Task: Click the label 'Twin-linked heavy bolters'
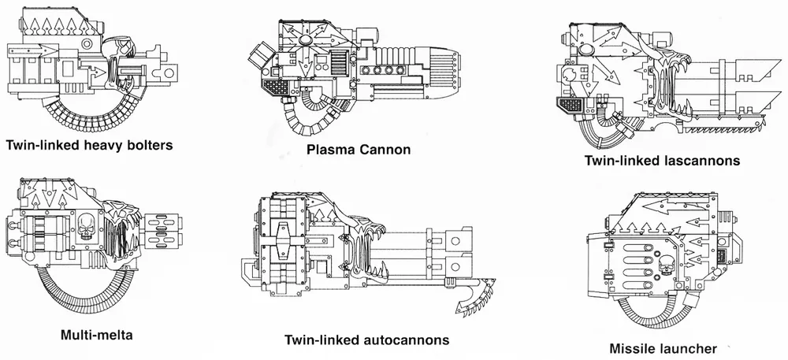(x=88, y=146)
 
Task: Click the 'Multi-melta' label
(x=96, y=334)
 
